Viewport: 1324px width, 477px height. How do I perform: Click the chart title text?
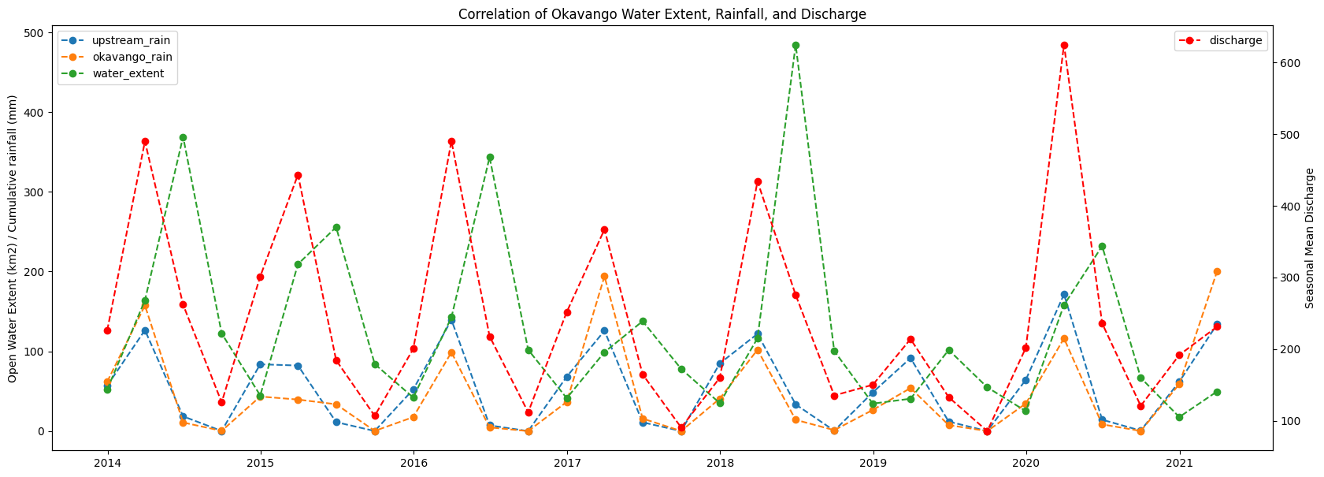tap(662, 14)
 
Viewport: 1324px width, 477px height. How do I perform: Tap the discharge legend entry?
tap(1235, 40)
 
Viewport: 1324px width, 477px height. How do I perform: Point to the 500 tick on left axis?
tap(34, 33)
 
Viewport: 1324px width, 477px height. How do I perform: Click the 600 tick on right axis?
tap(1289, 63)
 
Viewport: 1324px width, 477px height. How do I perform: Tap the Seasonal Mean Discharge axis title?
tap(1310, 237)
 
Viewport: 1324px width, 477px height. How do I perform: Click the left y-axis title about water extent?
tap(13, 238)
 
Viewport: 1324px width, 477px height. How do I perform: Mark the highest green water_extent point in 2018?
tap(796, 46)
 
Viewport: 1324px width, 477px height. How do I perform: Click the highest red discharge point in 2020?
tap(1064, 46)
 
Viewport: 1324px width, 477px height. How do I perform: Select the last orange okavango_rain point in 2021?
tap(1217, 272)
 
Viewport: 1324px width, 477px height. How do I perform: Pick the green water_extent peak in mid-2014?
tap(183, 137)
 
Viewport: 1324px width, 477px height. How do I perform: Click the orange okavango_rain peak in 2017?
tap(604, 277)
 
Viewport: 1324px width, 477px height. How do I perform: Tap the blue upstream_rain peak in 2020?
tap(1064, 295)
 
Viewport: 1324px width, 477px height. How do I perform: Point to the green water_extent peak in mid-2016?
tap(490, 158)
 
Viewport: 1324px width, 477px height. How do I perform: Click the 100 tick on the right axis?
tap(1289, 421)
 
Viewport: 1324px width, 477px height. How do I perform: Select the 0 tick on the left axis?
tap(41, 431)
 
